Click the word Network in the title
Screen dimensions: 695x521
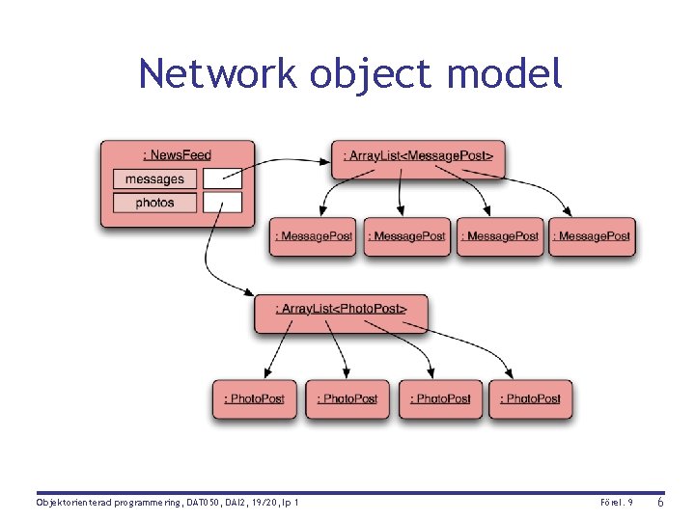tap(217, 72)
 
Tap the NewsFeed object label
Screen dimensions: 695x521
tap(178, 155)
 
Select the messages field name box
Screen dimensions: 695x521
tap(154, 179)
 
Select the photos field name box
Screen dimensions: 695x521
tap(154, 203)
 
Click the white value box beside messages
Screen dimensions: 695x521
tap(223, 178)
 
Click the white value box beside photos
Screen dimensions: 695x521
tap(223, 203)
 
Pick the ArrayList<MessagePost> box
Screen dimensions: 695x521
tap(418, 159)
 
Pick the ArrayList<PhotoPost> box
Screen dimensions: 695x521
tap(341, 314)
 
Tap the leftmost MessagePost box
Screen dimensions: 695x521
tap(313, 236)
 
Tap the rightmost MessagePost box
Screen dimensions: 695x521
tap(592, 236)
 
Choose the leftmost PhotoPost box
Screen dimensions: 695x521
tap(255, 399)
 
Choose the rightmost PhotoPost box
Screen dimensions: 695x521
tap(531, 399)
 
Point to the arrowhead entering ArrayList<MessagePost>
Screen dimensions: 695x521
tap(326, 162)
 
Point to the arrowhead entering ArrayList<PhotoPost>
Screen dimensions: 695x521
tap(249, 292)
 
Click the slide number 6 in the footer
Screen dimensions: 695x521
tap(660, 502)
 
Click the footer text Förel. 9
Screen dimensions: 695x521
tap(617, 503)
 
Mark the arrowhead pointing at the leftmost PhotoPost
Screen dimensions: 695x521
tap(267, 373)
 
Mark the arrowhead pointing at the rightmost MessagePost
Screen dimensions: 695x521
tap(567, 211)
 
